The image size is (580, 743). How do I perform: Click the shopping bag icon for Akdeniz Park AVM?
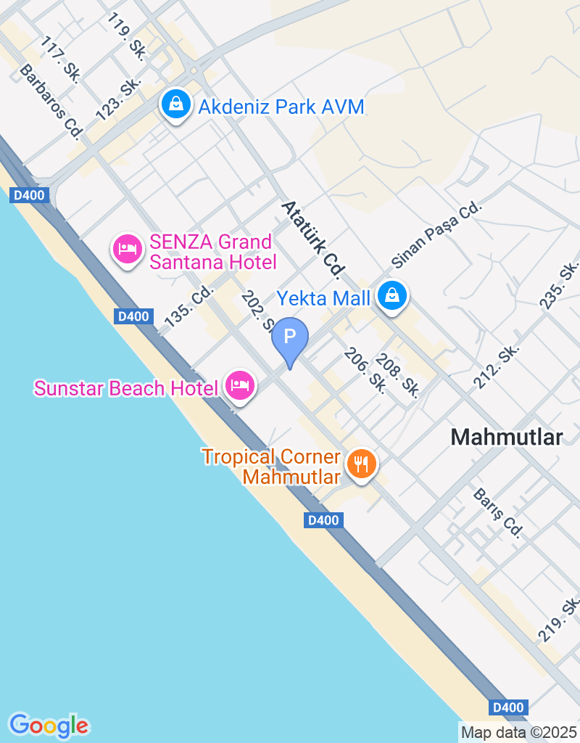[x=175, y=105]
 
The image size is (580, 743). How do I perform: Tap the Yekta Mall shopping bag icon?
[x=391, y=295]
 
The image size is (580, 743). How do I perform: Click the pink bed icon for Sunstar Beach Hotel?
[x=239, y=385]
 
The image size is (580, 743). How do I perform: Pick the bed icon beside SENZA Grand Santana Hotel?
[x=128, y=250]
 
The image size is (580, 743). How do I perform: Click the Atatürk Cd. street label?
[x=312, y=239]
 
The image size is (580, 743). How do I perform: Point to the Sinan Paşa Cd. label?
[x=436, y=231]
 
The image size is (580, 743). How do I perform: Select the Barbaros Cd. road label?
[x=51, y=100]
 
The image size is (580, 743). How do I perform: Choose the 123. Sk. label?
[x=117, y=99]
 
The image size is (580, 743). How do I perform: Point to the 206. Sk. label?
[x=365, y=370]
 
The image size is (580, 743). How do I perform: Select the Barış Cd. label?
[x=497, y=512]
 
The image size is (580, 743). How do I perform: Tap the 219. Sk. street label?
[x=559, y=619]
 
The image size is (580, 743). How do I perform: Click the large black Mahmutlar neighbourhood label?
[x=506, y=437]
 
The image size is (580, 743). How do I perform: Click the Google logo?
[x=49, y=725]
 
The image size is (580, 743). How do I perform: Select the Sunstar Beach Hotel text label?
[x=125, y=388]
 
